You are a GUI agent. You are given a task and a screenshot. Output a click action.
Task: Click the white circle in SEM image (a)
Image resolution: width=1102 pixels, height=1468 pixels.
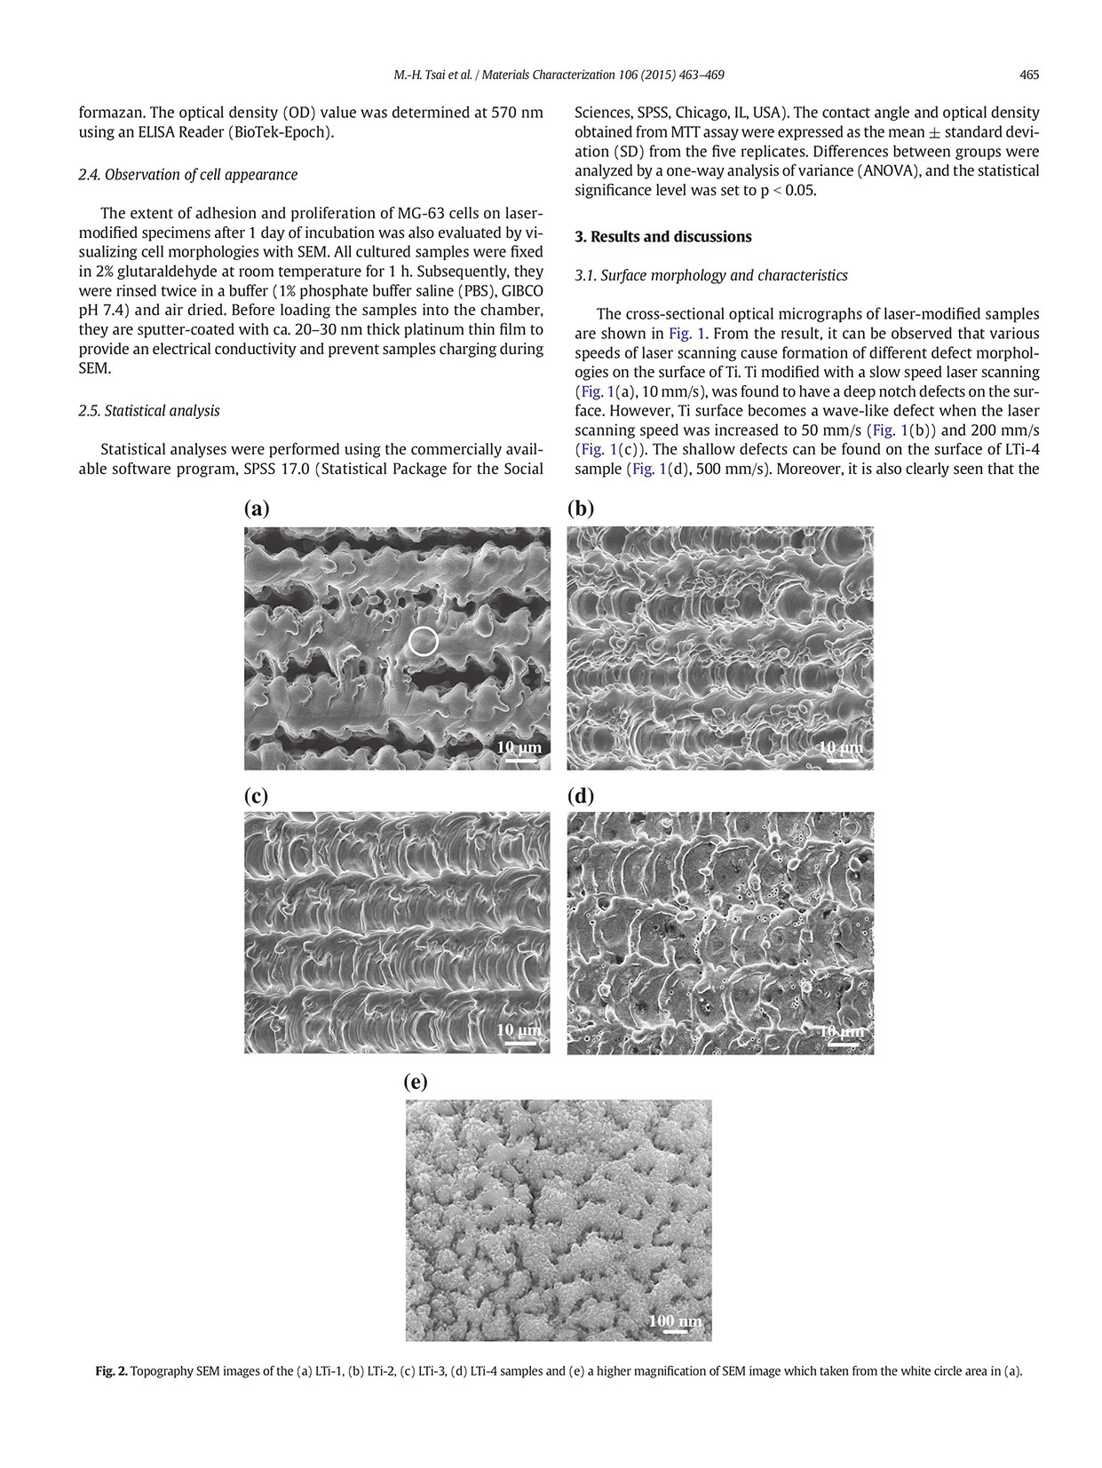point(424,641)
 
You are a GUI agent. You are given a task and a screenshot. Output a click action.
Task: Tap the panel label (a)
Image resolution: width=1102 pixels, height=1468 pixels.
point(257,509)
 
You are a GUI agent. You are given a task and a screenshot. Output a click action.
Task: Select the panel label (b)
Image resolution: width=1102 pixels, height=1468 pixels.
point(581,509)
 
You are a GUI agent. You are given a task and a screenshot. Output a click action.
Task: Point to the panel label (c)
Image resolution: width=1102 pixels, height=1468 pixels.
point(257,795)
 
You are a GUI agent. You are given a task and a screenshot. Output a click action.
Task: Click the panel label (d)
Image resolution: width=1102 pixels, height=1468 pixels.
point(581,795)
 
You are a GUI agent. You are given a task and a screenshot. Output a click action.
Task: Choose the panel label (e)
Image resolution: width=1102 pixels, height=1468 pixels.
point(416,1082)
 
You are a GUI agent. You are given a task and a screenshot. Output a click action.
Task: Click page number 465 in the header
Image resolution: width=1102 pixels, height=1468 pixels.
point(1029,75)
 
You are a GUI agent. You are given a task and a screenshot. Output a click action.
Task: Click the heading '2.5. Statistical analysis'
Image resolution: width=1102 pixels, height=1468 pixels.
point(149,411)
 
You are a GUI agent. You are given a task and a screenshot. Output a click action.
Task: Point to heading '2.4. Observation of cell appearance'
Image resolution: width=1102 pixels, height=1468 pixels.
point(188,175)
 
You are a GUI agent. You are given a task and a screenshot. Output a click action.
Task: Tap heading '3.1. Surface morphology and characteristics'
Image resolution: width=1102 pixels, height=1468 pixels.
point(711,276)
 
